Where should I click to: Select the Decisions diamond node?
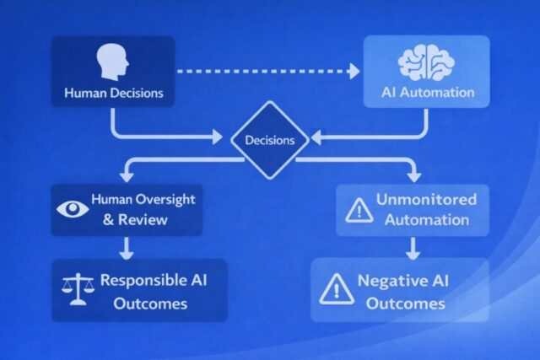coord(270,140)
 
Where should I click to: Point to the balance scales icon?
coord(77,290)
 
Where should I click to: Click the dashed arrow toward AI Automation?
coord(270,73)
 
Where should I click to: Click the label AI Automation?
coord(427,93)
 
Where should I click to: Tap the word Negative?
coord(389,281)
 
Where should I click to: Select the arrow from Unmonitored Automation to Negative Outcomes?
coord(413,248)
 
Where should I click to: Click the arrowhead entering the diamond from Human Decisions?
coord(225,134)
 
